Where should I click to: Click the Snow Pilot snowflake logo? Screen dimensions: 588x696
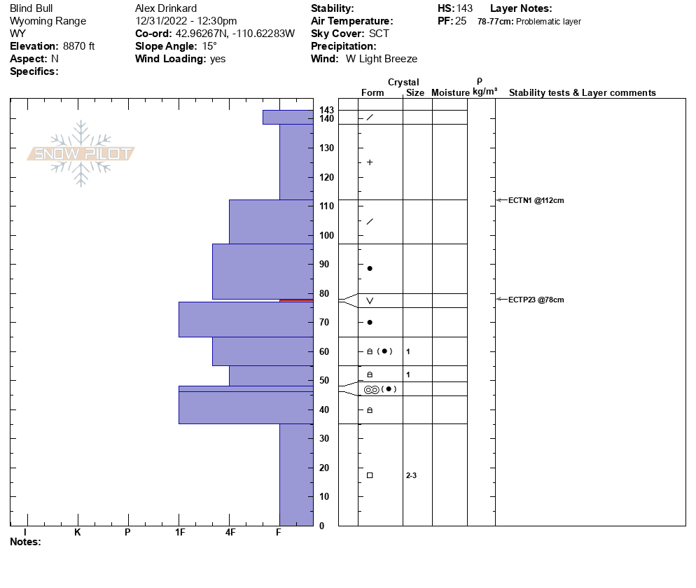click(81, 153)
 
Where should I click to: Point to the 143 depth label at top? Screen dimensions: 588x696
click(327, 110)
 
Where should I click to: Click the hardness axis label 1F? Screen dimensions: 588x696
click(179, 532)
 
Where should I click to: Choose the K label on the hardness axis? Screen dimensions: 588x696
click(77, 532)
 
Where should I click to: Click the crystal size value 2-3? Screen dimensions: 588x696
click(411, 475)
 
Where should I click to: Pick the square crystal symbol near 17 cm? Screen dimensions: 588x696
click(370, 475)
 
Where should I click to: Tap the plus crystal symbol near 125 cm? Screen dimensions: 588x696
click(370, 162)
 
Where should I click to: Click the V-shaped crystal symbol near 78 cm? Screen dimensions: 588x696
click(370, 301)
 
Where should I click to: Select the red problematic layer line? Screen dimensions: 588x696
click(295, 300)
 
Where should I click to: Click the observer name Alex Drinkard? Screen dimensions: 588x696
click(167, 8)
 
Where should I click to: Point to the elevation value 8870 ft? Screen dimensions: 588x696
click(78, 46)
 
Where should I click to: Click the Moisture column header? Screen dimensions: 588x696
click(450, 92)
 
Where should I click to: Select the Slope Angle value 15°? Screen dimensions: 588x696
click(209, 46)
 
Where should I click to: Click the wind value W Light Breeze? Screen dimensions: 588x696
click(382, 59)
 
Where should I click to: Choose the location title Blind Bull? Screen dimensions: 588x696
click(32, 8)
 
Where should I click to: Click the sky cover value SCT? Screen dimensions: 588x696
click(379, 34)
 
